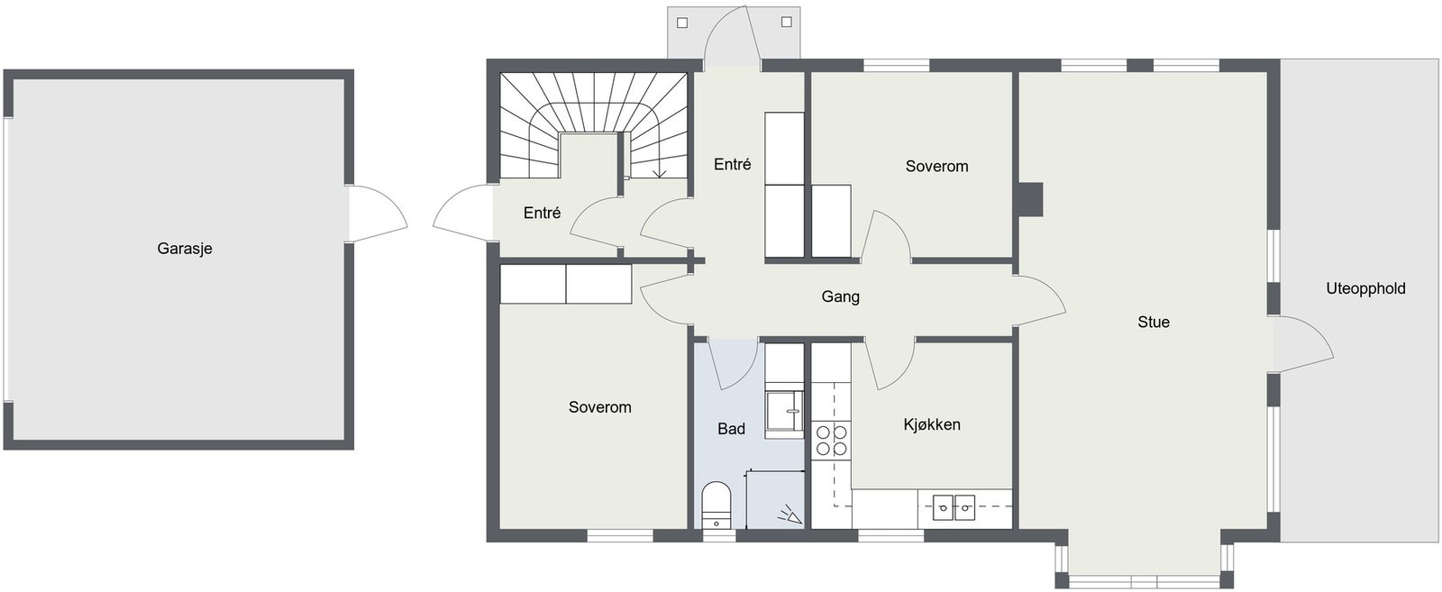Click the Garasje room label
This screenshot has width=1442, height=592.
185,249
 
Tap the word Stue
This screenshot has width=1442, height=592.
1154,322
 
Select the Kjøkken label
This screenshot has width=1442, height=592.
932,424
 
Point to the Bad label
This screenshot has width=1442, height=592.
731,429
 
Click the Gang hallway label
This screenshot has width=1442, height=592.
841,296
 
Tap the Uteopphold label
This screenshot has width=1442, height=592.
1365,289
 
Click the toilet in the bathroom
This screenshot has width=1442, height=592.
716,505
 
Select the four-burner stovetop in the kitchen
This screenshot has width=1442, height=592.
831,440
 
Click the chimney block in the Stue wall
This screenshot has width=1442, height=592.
1030,199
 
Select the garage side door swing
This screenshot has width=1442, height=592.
378,214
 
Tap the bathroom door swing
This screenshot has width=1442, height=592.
734,364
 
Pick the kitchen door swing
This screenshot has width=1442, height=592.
890,364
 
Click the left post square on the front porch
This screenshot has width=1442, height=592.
682,23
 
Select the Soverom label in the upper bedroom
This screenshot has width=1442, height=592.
936,167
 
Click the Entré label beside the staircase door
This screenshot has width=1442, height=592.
542,213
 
